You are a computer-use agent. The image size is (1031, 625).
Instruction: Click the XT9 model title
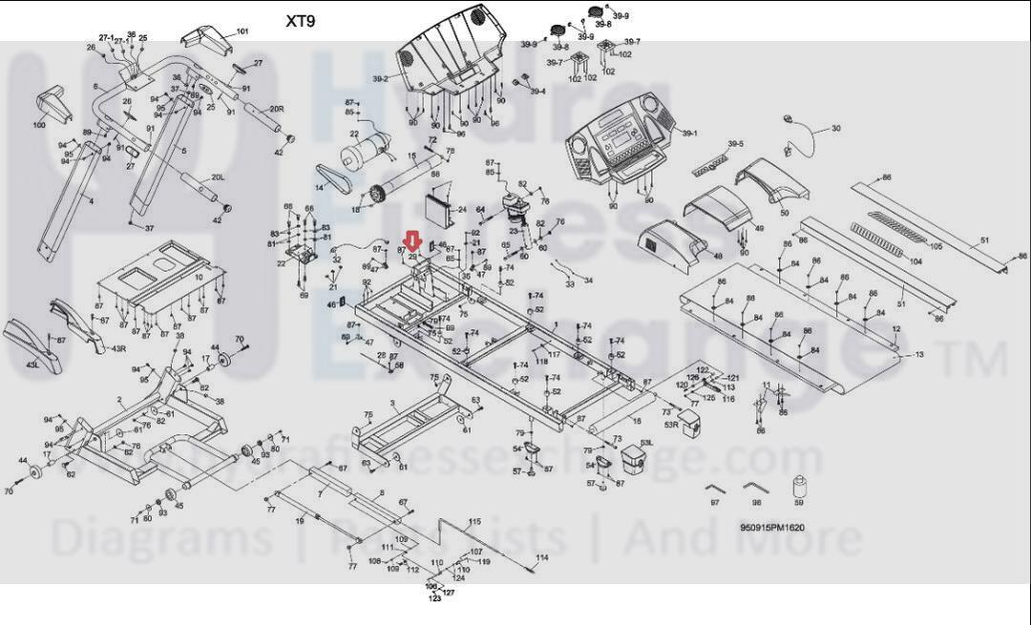tap(301, 21)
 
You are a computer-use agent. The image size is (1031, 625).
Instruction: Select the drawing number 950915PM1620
tap(772, 528)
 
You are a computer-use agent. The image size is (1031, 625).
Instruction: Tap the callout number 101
tap(242, 31)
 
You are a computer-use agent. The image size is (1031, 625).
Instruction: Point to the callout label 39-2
tap(380, 79)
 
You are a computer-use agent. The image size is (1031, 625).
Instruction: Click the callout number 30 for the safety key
tap(836, 129)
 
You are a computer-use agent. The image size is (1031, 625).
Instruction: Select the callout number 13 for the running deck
tap(918, 355)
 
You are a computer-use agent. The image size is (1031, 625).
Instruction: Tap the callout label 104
tap(915, 261)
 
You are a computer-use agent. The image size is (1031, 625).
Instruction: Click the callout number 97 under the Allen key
tap(714, 503)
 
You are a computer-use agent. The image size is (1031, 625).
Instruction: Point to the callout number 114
tap(542, 557)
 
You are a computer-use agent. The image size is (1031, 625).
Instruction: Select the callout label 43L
tap(32, 365)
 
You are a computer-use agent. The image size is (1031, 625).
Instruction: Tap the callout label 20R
tap(277, 110)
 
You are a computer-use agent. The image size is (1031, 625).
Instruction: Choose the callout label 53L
tap(646, 443)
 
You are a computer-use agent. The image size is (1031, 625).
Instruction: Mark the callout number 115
tap(474, 522)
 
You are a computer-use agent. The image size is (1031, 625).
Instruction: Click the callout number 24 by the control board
tap(462, 209)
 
